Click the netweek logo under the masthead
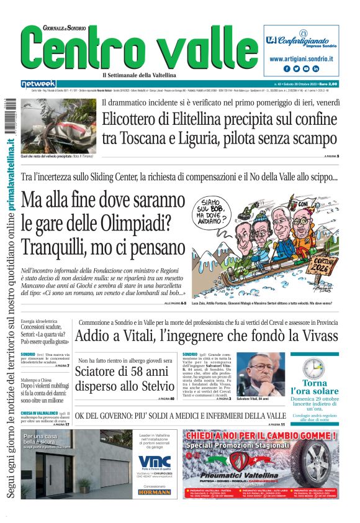[38, 83]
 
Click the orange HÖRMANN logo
[154, 491]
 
